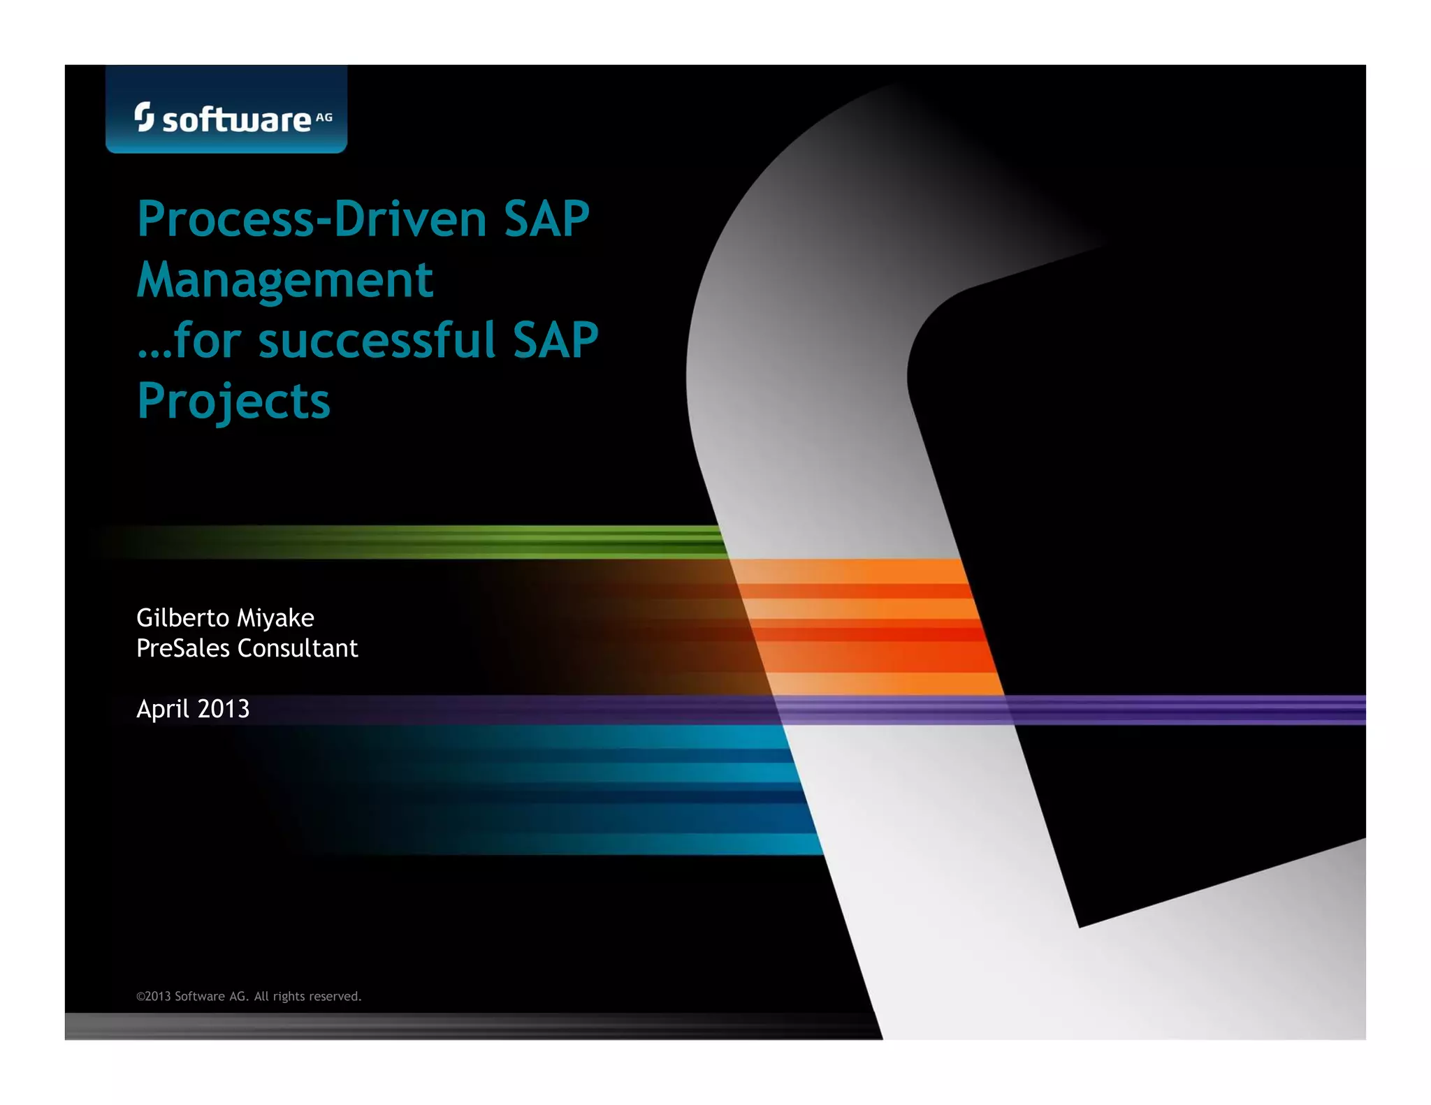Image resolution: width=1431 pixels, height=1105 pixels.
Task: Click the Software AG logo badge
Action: (x=226, y=110)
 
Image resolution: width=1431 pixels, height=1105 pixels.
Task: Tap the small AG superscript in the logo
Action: (x=324, y=117)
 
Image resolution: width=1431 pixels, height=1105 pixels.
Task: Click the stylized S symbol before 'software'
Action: (x=144, y=117)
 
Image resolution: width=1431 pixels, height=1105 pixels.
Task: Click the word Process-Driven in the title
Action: (x=311, y=219)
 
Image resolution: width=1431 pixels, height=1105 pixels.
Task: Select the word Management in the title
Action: (x=284, y=280)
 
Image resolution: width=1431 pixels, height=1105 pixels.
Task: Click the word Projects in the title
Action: (x=233, y=402)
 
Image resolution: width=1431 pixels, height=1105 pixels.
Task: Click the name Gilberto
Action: (x=182, y=618)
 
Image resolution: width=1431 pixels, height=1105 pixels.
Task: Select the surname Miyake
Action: (x=275, y=618)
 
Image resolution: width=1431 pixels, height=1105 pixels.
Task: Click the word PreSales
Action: (x=182, y=648)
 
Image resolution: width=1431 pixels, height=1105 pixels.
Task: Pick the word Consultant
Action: (x=298, y=648)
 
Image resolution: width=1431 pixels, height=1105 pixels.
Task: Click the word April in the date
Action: (x=162, y=709)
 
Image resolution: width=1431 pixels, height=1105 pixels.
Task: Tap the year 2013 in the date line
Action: (x=223, y=709)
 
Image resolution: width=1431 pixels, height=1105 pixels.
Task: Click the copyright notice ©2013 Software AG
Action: (x=249, y=996)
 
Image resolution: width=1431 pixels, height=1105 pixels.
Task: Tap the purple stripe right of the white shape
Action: (x=1188, y=710)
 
